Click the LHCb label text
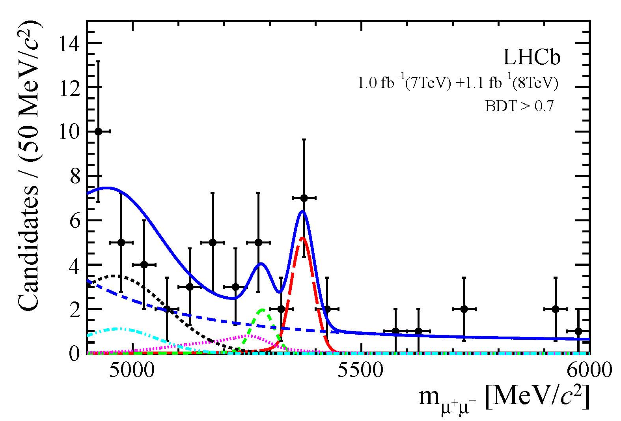tap(531, 58)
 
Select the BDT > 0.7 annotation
tap(520, 107)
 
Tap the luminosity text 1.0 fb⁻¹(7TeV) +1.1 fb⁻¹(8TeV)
tap(457, 83)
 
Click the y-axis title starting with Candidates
tap(30, 166)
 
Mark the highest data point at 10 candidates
tap(99, 131)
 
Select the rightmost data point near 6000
tap(578, 331)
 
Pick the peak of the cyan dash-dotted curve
tap(117, 328)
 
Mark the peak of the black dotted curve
tap(114, 276)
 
